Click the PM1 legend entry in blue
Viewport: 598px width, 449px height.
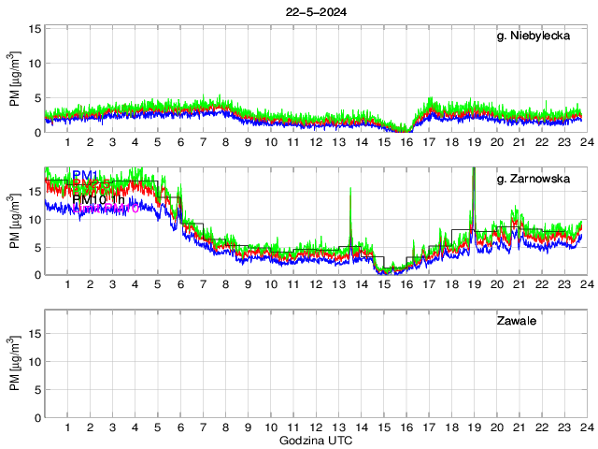[x=86, y=176]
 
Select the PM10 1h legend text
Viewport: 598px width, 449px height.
[x=99, y=199]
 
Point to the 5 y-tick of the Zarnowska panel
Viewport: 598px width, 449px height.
[x=36, y=247]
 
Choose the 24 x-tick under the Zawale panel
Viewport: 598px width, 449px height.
[x=586, y=427]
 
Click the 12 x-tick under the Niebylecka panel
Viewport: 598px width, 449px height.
[x=316, y=142]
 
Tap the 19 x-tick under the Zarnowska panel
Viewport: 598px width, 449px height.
[x=474, y=284]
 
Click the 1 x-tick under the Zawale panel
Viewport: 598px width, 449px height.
[x=67, y=427]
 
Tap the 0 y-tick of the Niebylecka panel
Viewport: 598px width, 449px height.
[x=36, y=133]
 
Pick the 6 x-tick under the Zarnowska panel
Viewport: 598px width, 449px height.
[x=180, y=284]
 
